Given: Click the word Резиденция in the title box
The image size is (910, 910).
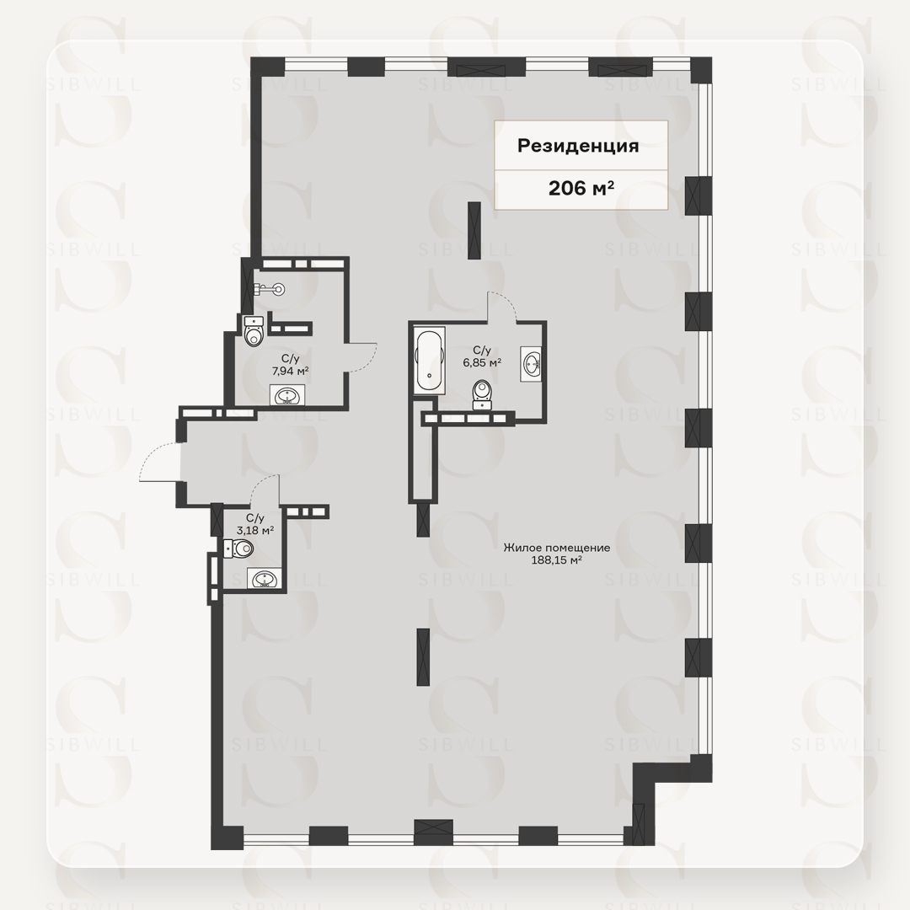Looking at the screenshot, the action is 578,145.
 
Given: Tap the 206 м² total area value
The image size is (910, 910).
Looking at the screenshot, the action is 581,188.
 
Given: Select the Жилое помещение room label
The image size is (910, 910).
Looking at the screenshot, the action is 557,548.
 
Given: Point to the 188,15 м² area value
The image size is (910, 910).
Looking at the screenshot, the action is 557,560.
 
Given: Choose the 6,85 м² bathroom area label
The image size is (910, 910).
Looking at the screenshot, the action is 482,362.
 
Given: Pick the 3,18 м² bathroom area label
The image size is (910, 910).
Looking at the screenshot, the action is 255,530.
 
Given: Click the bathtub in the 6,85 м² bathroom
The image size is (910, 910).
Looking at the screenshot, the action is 429,361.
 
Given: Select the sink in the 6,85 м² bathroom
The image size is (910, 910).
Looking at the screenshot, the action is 532,364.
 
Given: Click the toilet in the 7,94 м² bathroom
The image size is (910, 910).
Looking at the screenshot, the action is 254,330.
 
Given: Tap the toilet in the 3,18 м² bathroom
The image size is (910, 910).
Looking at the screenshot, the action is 238,548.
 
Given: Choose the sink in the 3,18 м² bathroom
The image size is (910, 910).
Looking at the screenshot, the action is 265,579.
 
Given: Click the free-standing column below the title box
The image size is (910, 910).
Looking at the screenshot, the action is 474,230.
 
